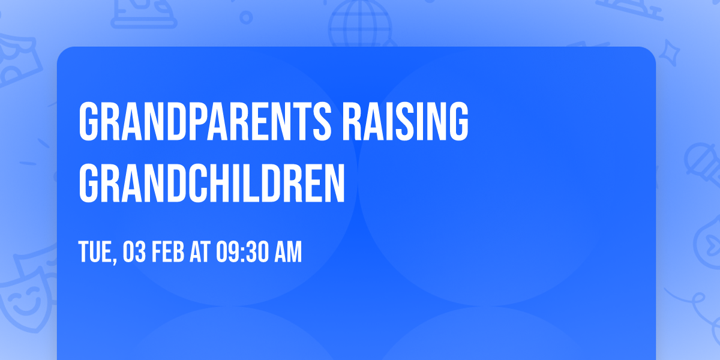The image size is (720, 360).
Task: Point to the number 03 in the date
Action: point(134,252)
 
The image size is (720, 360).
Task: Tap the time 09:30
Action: point(240,252)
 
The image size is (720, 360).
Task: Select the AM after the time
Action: point(287,252)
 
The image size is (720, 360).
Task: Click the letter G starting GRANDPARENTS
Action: point(89,121)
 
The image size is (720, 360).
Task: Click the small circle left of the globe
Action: point(247,18)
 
